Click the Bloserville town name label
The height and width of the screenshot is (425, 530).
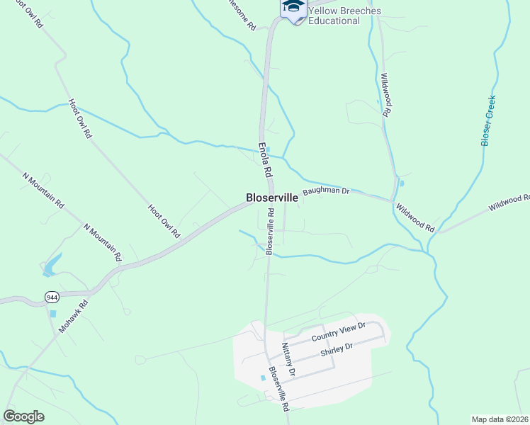(x=271, y=198)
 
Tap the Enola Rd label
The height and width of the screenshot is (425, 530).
(x=265, y=159)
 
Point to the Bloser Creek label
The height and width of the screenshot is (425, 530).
(x=488, y=120)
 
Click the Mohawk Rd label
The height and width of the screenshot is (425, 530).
(x=74, y=318)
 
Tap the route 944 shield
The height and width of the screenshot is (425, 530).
(x=51, y=296)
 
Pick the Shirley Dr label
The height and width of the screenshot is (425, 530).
(x=337, y=350)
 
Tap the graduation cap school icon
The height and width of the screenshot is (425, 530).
(x=293, y=7)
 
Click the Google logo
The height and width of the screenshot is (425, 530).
(x=23, y=416)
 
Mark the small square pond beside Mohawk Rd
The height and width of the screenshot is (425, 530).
(x=52, y=313)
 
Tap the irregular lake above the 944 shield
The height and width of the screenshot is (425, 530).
(x=51, y=265)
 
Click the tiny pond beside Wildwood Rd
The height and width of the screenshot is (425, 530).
(x=402, y=183)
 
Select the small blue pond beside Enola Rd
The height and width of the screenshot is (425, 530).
(x=267, y=147)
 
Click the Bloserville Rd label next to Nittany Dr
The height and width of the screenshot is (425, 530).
(x=278, y=388)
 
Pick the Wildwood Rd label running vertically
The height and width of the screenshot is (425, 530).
(x=386, y=94)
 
